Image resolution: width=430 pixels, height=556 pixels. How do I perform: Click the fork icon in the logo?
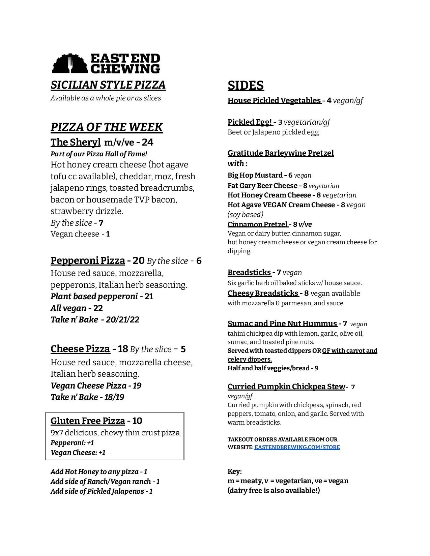click(x=70, y=64)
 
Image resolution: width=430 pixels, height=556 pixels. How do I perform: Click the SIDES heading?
click(x=246, y=86)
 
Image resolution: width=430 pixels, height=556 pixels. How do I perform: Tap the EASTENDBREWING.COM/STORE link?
click(x=297, y=447)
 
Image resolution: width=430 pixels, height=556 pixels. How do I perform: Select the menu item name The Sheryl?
click(x=76, y=142)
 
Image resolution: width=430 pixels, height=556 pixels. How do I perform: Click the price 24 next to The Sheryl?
click(x=147, y=142)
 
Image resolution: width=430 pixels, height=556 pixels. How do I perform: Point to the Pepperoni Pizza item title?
click(x=88, y=260)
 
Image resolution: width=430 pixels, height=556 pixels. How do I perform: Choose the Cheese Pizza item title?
click(x=80, y=349)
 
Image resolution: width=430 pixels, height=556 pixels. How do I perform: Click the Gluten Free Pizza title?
click(x=88, y=421)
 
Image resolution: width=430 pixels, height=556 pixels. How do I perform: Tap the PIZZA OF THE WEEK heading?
click(x=107, y=127)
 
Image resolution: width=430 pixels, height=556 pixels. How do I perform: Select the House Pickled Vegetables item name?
click(x=274, y=100)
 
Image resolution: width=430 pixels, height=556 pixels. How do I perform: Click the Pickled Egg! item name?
click(x=250, y=122)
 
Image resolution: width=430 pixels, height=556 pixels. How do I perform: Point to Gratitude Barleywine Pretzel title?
click(x=281, y=153)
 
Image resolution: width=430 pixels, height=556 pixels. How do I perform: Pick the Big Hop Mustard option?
click(x=255, y=175)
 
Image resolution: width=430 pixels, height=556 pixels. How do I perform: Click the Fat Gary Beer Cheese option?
click(x=262, y=186)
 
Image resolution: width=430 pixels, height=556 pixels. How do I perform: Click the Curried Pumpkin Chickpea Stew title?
click(x=286, y=387)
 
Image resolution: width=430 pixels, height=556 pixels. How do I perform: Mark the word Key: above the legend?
click(x=235, y=471)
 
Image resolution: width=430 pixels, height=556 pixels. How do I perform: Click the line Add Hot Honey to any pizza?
click(x=99, y=472)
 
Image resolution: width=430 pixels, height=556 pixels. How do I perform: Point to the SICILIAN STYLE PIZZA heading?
click(x=108, y=85)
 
